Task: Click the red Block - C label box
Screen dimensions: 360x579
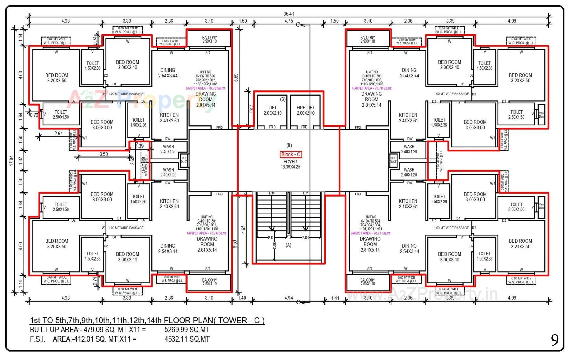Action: point(291,154)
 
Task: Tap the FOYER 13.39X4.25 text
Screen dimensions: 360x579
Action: point(290,164)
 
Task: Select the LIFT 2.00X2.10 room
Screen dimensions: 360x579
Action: point(272,110)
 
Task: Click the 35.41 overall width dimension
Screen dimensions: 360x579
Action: point(289,14)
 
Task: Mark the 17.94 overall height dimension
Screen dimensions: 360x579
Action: point(11,160)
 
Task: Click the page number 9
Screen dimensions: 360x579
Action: point(555,340)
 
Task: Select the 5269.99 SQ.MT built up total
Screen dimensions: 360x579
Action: point(187,330)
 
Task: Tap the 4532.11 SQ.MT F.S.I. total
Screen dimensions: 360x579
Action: point(187,339)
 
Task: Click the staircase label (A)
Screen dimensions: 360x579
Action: point(289,245)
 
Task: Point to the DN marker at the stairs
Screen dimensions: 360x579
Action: point(272,193)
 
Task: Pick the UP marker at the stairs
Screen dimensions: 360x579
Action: point(305,193)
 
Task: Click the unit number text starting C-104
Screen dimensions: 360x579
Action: point(370,223)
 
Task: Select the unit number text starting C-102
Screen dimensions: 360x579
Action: point(205,78)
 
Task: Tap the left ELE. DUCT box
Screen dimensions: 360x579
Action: point(184,160)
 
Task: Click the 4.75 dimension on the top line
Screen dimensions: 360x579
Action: point(289,21)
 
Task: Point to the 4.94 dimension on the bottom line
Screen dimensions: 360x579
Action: point(289,298)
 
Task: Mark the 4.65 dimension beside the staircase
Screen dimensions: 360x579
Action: point(243,229)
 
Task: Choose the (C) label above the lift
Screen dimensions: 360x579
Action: point(283,99)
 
